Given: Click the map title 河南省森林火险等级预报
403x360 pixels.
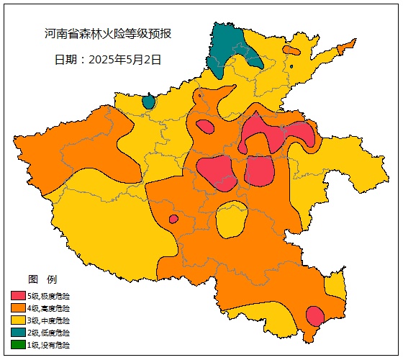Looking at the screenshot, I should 107,34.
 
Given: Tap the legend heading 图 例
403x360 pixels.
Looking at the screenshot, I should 42,279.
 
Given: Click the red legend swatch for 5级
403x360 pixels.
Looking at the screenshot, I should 18,295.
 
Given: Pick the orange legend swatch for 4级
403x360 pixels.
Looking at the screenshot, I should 18,307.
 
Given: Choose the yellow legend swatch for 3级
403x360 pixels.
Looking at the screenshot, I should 18,320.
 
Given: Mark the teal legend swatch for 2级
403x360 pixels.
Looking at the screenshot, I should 18,332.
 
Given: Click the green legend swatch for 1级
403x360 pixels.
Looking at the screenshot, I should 18,344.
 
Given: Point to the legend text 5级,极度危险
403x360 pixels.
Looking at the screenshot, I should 49,295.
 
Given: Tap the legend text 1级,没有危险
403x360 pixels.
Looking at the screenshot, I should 49,345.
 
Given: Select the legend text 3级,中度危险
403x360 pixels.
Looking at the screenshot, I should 49,320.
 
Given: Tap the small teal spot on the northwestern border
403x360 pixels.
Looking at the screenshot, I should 148,102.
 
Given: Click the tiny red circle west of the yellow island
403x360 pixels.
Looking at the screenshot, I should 173,219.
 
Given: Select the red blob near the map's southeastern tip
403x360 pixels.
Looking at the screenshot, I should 314,315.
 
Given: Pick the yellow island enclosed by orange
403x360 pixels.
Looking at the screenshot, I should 231,220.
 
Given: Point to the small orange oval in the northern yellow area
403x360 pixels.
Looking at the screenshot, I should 291,50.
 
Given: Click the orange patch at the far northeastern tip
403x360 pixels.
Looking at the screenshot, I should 346,47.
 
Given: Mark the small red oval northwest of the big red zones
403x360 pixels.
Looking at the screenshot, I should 205,127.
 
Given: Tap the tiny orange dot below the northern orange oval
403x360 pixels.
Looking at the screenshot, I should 291,67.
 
